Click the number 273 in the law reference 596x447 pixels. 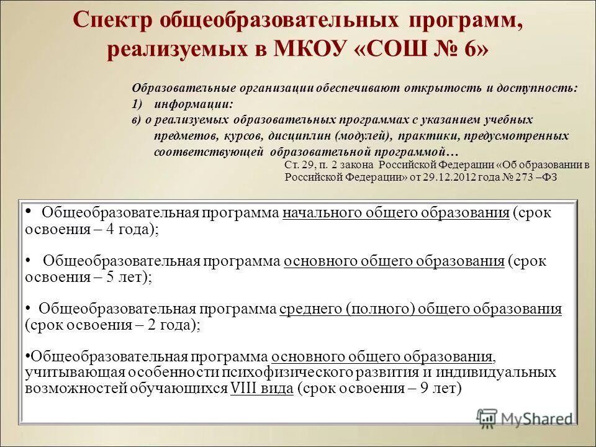point(526,176)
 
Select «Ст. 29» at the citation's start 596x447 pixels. point(299,165)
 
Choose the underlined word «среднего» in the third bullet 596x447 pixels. point(310,309)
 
